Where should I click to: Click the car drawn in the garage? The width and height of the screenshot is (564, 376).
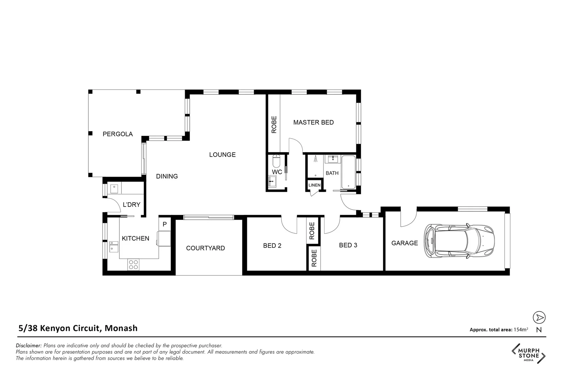tap(459, 241)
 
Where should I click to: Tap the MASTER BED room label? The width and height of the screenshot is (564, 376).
tap(313, 123)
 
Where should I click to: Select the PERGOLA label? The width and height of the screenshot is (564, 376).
tap(118, 134)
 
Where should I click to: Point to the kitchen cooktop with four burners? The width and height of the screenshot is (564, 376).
tap(133, 264)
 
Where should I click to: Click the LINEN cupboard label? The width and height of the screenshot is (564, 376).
tap(314, 185)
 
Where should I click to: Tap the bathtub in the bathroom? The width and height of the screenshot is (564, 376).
tap(348, 172)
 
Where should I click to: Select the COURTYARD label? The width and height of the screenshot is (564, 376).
tap(205, 248)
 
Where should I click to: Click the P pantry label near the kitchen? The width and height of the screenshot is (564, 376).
tap(165, 225)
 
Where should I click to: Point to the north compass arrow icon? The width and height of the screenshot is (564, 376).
tap(539, 318)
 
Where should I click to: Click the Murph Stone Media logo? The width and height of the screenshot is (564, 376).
tap(528, 354)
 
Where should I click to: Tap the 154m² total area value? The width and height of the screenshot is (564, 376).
tap(520, 330)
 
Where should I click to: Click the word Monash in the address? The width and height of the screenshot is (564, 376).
tap(121, 328)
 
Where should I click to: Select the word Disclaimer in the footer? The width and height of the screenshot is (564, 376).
tap(29, 346)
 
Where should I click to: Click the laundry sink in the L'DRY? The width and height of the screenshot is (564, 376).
tap(114, 189)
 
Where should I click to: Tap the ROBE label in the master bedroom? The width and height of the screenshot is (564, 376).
tap(274, 125)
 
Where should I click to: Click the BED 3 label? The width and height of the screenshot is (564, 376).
tap(348, 245)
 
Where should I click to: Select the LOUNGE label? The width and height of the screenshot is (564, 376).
tap(222, 155)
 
